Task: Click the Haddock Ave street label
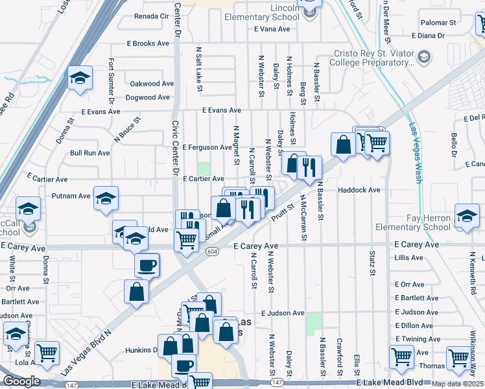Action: click(x=359, y=190)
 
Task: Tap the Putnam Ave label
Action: click(x=71, y=196)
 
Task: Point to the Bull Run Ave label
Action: click(x=89, y=153)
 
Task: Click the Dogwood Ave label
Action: click(x=148, y=97)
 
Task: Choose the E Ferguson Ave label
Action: click(x=207, y=148)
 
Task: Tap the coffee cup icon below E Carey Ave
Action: click(x=147, y=265)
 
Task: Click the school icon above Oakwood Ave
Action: click(x=80, y=78)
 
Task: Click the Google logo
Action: click(x=21, y=381)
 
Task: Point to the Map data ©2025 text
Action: click(x=458, y=384)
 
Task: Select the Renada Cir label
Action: click(x=151, y=16)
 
